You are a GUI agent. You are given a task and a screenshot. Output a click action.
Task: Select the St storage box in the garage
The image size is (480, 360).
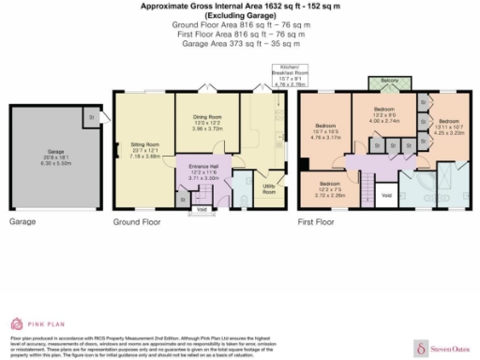pyautogui.click(x=91, y=116)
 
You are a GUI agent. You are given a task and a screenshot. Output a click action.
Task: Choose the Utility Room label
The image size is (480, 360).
pyautogui.click(x=269, y=189)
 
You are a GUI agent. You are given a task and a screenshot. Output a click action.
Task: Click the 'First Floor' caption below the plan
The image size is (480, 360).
pyautogui.click(x=319, y=222)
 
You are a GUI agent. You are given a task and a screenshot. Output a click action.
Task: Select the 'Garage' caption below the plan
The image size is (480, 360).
pyautogui.click(x=22, y=222)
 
